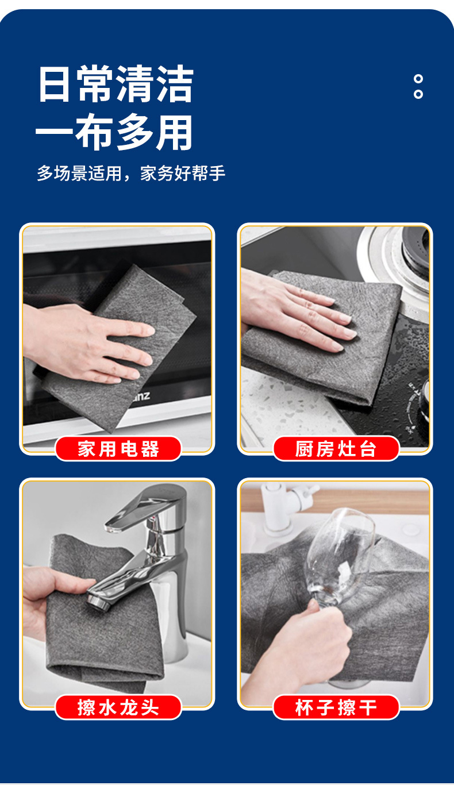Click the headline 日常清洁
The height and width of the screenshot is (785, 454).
116,83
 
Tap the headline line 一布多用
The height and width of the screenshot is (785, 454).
114,132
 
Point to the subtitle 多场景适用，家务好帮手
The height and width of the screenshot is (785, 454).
131,173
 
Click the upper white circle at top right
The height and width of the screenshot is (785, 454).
418,79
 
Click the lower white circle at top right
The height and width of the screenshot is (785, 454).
418,94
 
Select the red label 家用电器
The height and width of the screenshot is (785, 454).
118,449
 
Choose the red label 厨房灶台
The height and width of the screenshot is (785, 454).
336,449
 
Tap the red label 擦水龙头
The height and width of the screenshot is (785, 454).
118,707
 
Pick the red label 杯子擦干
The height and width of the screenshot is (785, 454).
336,707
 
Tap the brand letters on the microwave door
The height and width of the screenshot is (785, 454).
141,397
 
